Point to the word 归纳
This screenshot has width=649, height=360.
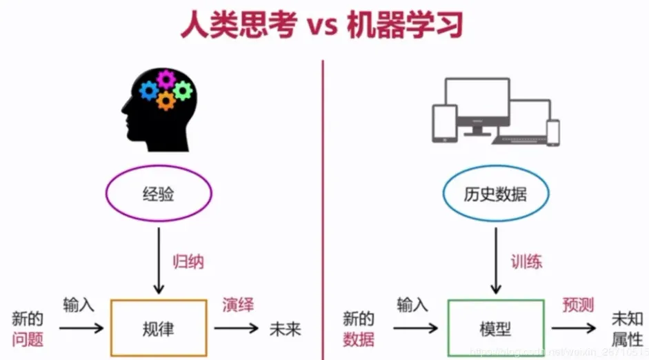tap(188, 262)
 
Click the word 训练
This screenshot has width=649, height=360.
tap(526, 262)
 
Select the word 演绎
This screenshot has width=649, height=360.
tap(238, 305)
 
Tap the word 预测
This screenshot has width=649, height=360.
tap(578, 305)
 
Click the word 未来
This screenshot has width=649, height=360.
tap(285, 328)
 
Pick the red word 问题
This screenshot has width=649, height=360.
tap(28, 339)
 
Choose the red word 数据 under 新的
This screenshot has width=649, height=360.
tap(359, 339)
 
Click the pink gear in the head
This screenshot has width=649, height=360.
tap(166, 78)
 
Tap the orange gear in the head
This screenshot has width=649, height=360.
tap(165, 101)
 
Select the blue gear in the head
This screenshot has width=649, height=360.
tap(148, 90)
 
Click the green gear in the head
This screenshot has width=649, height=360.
tap(182, 90)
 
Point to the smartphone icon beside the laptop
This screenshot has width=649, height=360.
tap(553, 132)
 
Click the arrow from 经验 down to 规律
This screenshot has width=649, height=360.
tap(159, 259)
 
